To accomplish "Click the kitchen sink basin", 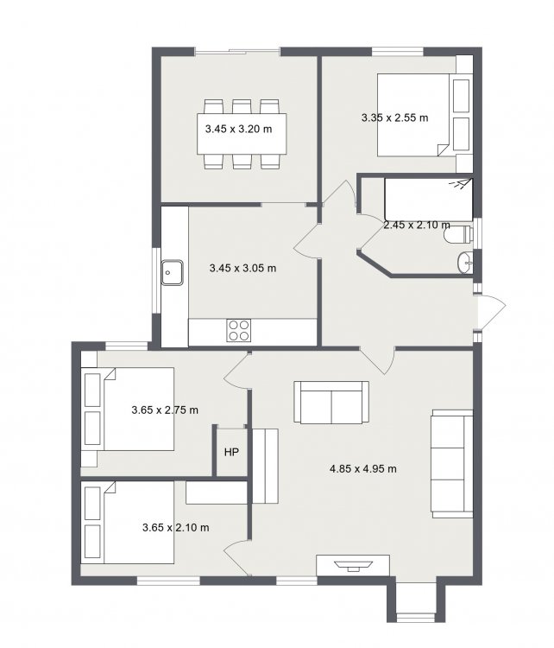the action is (172, 272).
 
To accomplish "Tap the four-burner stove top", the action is (239, 330).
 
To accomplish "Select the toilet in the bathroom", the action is (458, 235).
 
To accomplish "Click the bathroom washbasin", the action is (465, 263).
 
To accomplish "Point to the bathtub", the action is (429, 200).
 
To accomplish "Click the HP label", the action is (231, 453).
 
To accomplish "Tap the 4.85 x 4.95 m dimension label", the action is (363, 468).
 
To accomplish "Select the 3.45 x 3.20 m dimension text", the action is (239, 129).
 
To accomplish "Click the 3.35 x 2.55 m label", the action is (395, 118).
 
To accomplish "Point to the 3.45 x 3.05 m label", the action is (242, 268).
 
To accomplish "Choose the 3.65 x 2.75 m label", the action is (165, 410).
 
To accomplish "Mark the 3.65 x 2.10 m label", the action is (175, 527).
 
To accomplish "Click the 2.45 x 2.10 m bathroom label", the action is (417, 226).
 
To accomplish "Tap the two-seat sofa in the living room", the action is (331, 402).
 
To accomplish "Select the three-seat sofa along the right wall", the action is (452, 464).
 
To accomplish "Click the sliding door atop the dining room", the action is (237, 51).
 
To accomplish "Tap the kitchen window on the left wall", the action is (155, 280).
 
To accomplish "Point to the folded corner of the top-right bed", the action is (442, 149).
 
